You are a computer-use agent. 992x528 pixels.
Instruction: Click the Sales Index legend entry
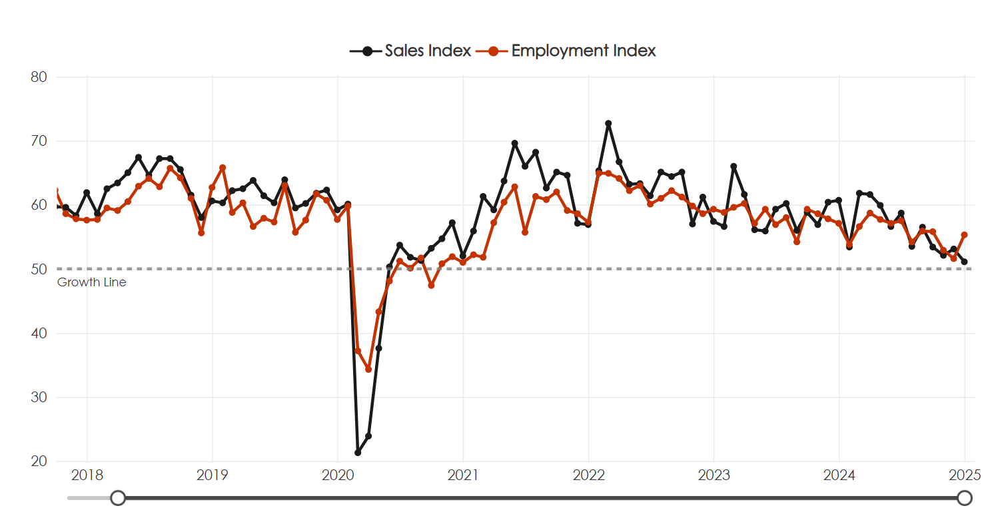[x=410, y=51]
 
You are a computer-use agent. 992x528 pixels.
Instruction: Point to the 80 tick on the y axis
[x=39, y=77]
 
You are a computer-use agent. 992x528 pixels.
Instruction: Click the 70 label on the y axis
[x=39, y=141]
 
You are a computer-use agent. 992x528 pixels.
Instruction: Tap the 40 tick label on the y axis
[x=39, y=334]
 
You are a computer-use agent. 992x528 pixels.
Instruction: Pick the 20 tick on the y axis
[x=39, y=461]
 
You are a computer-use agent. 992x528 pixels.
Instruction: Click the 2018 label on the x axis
[x=87, y=475]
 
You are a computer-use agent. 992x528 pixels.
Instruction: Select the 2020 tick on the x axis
[x=338, y=475]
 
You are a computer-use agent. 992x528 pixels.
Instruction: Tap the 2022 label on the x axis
[x=588, y=475]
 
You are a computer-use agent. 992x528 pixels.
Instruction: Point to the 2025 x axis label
[x=964, y=475]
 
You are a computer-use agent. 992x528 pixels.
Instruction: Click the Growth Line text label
[x=92, y=282]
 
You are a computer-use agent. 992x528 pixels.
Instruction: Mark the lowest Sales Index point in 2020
[x=358, y=452]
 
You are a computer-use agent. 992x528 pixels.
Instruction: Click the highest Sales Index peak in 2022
[x=608, y=124]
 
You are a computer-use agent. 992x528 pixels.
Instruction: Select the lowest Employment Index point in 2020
[x=368, y=369]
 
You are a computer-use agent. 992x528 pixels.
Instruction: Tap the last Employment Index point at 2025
[x=964, y=235]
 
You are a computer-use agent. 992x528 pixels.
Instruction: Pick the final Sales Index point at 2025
[x=964, y=262]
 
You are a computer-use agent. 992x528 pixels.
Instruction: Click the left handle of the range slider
[x=118, y=498]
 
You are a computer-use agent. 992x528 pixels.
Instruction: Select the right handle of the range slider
[x=964, y=498]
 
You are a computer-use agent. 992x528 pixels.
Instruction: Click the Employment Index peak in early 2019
[x=223, y=168]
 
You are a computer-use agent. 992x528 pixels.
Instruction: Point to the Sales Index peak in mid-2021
[x=514, y=143]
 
